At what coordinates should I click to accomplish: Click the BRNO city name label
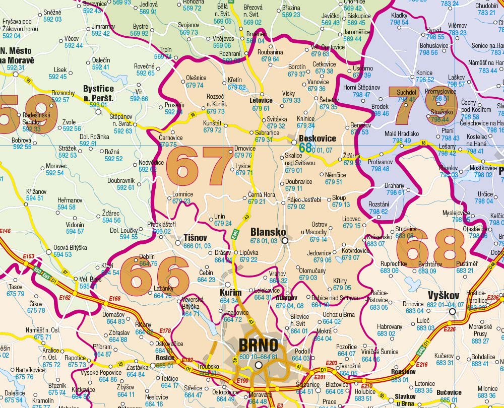(258, 346)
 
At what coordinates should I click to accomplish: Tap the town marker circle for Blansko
(285, 241)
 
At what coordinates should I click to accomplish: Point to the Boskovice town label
(317, 139)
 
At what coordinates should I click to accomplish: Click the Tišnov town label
(195, 237)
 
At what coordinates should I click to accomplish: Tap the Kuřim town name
(231, 293)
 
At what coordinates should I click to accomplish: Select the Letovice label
(261, 100)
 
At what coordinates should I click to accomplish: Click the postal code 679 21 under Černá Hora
(256, 201)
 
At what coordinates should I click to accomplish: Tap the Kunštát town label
(212, 123)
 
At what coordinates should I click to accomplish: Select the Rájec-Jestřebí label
(304, 199)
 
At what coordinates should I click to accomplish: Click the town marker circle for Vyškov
(452, 311)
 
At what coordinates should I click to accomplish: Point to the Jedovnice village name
(319, 253)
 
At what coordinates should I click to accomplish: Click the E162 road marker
(65, 298)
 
